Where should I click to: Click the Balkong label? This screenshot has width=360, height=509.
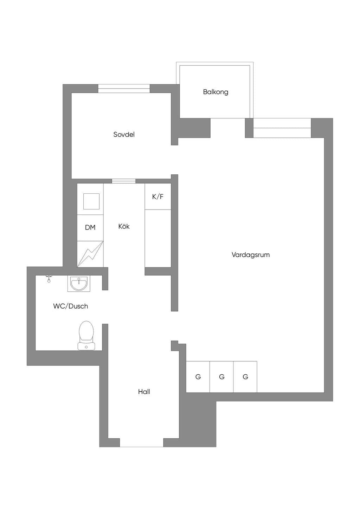[216, 92]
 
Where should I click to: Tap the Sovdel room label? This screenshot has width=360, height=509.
[124, 134]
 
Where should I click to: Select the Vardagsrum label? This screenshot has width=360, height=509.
[250, 255]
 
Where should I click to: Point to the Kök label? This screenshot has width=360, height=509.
[124, 226]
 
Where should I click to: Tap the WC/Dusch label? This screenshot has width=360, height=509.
[70, 306]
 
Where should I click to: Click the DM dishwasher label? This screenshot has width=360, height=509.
[90, 227]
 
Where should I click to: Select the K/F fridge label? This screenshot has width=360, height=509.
[158, 196]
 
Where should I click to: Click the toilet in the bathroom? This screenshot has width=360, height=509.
[86, 335]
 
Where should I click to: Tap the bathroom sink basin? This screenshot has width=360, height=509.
[79, 284]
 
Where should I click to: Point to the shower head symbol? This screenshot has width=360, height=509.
[48, 279]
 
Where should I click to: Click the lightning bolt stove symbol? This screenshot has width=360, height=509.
[90, 254]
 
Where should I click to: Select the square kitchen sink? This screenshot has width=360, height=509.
[91, 201]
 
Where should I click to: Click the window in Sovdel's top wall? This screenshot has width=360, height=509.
[124, 88]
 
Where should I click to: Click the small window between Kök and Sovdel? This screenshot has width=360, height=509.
[124, 181]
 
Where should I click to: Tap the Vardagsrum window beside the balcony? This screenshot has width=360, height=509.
[282, 128]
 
